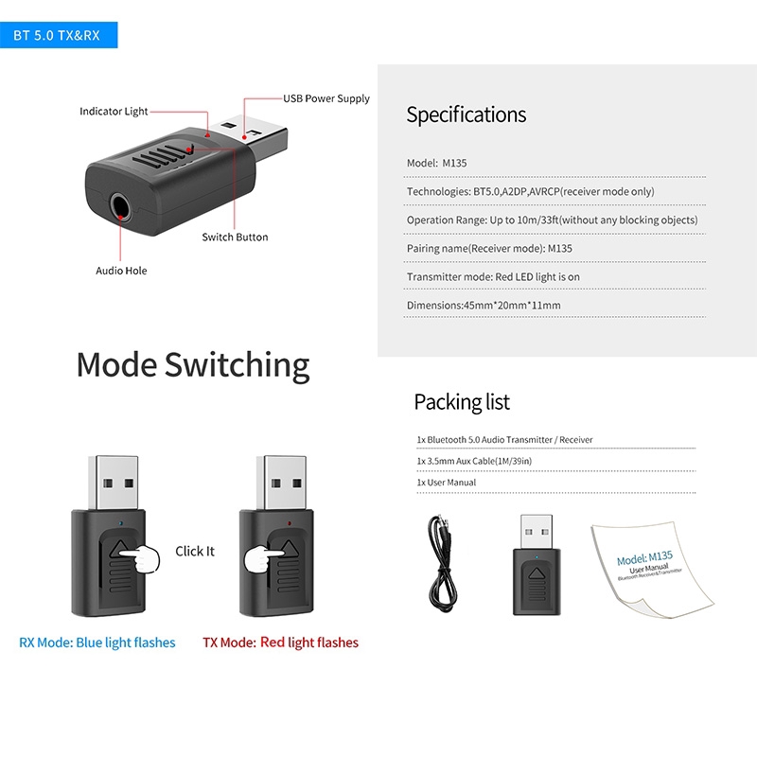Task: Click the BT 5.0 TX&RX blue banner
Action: coord(57,36)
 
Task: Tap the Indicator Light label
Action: coord(114,112)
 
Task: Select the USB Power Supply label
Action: coord(326,98)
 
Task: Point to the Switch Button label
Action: coord(235,237)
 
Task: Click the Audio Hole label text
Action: coord(121,271)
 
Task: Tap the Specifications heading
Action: coord(466,114)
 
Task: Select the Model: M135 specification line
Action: coord(436,163)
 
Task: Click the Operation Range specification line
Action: coord(552,220)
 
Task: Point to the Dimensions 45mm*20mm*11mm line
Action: coord(484,305)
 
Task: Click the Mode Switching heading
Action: coord(192,364)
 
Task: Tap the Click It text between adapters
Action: coord(195,551)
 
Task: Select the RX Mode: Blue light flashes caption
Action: coord(97,643)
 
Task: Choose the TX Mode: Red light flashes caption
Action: coord(280,643)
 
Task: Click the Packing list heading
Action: coord(462,401)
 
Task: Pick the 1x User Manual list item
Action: coord(446,483)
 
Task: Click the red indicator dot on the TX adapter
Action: coord(287,521)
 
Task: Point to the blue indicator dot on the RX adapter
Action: coord(119,521)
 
